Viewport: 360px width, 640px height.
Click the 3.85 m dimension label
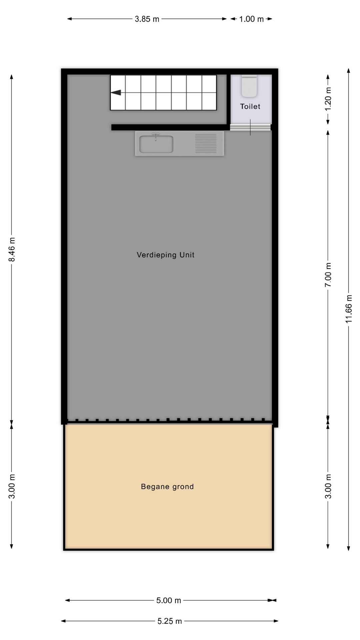pos(147,19)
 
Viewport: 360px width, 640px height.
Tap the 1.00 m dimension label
pos(251,19)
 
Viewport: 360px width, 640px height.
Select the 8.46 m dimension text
pos(12,250)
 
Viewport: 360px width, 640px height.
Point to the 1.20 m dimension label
pos(328,99)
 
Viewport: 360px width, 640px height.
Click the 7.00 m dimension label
pos(328,275)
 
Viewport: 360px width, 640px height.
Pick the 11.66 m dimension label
pos(349,309)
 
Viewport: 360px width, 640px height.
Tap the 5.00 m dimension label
pos(169,600)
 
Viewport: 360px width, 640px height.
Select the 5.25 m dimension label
pos(170,621)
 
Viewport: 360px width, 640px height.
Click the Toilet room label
pos(250,106)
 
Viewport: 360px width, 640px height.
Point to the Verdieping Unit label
pos(165,255)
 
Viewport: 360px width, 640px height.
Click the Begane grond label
pos(167,487)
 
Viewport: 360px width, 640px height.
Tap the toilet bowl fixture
pos(249,86)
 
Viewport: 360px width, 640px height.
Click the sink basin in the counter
pos(156,144)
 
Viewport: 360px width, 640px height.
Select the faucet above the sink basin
pos(156,136)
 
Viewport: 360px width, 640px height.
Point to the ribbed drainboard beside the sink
pos(206,143)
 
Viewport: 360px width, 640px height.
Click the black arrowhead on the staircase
pos(116,92)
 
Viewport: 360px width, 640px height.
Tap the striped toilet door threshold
pos(250,127)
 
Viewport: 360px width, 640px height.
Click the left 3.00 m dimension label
pos(12,486)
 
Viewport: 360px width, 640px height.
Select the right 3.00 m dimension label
pos(328,486)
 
